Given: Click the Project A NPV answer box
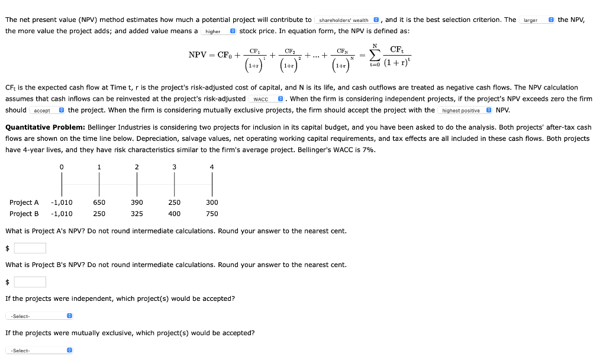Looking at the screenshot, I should coord(30,248).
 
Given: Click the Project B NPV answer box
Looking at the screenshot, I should coord(30,282).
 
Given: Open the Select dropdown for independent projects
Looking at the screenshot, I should coord(38,316).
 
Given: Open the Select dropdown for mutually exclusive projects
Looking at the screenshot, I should coord(38,351).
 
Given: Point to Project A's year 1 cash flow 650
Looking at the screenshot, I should coord(99,202).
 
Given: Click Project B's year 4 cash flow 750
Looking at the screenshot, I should coord(212,214).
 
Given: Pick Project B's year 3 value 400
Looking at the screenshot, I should coord(174,214).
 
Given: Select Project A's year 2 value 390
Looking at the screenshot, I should coord(137,202).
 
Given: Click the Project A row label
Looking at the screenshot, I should coord(24,202).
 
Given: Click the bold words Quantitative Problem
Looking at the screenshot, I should coord(45,127).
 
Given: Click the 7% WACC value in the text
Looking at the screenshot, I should coord(368,150).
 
